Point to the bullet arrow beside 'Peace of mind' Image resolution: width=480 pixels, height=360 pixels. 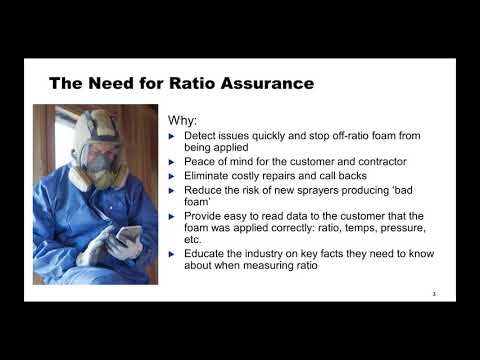click(x=174, y=161)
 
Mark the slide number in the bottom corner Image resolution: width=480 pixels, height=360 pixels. click(x=434, y=293)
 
